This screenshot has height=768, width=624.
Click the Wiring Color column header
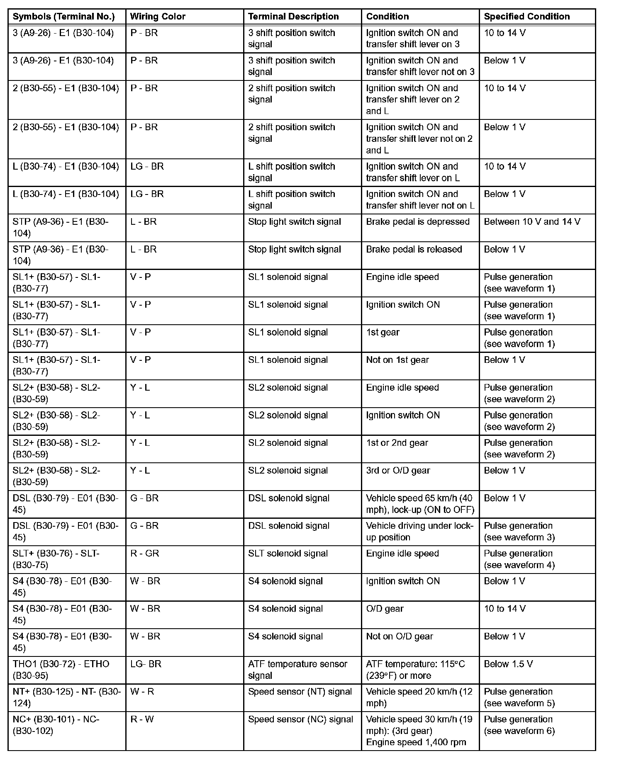point(158,17)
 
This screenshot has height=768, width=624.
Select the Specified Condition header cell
point(526,17)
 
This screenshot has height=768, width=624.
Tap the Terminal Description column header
point(293,17)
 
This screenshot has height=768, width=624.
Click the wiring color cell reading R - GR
point(145,554)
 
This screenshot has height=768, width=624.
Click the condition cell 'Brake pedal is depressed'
point(417,222)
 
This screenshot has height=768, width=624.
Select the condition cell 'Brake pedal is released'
point(414,250)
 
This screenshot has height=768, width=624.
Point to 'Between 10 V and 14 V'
point(532,222)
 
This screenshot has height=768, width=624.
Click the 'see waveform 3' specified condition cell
point(519,532)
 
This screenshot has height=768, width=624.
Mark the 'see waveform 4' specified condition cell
point(519,559)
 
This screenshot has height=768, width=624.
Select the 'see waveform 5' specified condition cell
point(519,698)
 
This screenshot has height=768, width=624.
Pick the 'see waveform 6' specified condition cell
point(519,725)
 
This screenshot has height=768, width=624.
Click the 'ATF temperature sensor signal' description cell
point(297,670)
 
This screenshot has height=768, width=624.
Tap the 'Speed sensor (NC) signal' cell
point(300,719)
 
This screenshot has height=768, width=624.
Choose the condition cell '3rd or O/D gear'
point(398,471)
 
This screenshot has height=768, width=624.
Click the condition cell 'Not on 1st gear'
point(397,360)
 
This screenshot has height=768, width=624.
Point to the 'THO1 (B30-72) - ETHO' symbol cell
point(61,670)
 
